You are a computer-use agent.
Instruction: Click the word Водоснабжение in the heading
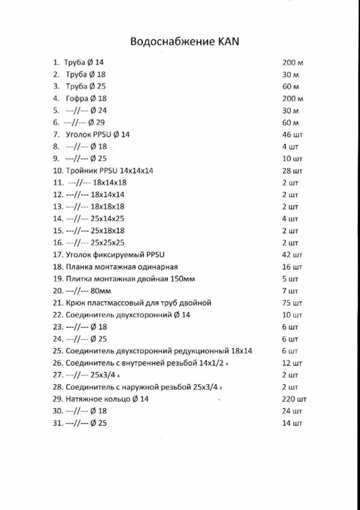[x=174, y=41]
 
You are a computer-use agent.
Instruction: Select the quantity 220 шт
[x=292, y=399]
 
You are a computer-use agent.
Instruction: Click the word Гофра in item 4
[x=76, y=98]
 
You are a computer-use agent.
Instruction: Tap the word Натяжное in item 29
[x=85, y=399]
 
